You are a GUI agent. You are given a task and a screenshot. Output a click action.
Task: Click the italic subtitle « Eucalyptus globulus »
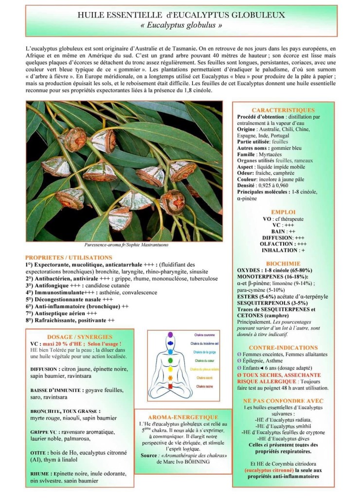pos(180,25)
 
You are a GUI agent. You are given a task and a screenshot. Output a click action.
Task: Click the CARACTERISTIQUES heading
pos(283,110)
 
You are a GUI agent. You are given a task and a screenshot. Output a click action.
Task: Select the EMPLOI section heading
pos(283,213)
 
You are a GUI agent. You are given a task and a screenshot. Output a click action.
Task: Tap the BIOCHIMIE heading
pos(283,263)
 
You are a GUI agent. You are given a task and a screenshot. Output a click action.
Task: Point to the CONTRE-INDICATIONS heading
pos(283,348)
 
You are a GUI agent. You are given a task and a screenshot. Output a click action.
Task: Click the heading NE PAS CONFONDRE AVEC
pos(283,400)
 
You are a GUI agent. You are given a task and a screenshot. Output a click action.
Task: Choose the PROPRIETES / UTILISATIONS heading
pos(69,257)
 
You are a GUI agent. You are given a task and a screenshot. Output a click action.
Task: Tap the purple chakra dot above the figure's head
pos(170,335)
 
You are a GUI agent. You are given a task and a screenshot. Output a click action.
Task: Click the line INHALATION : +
pos(283,250)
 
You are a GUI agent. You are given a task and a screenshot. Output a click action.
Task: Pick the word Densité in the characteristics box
pos(247,186)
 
